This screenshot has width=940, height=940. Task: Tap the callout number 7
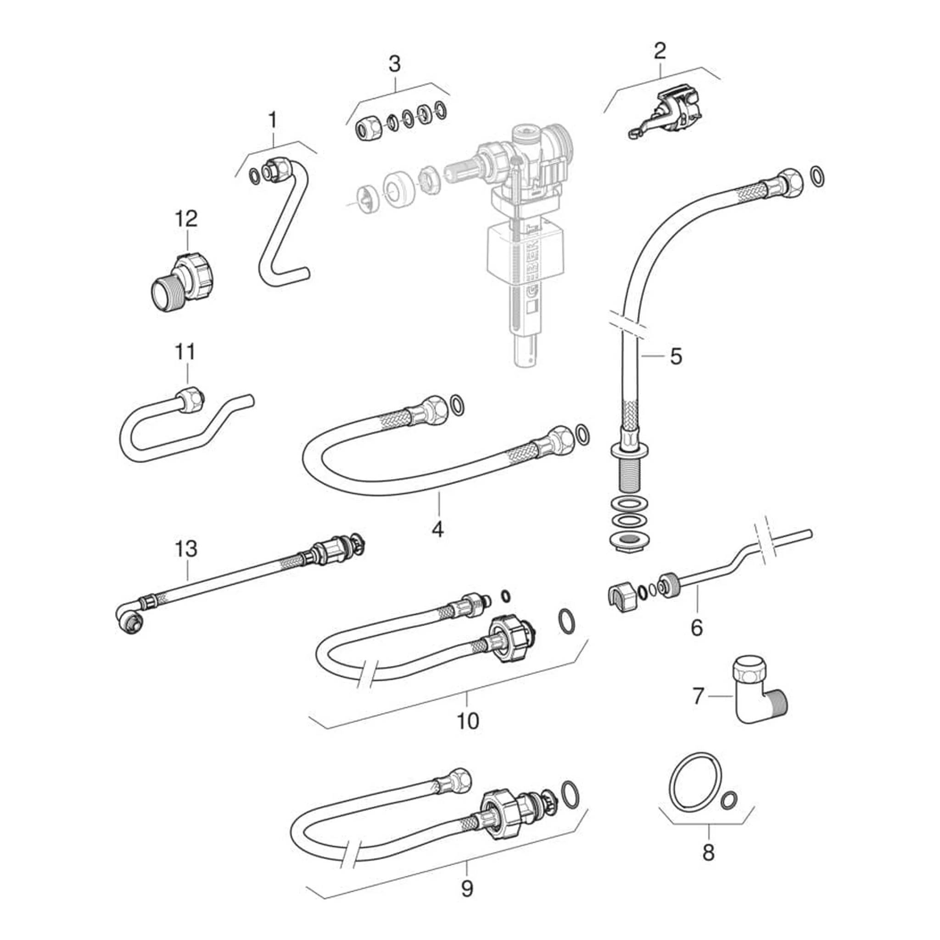(698, 696)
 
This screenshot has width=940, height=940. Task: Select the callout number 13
(186, 549)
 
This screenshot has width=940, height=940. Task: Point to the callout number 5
(676, 357)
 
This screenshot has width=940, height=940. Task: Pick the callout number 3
(394, 64)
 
